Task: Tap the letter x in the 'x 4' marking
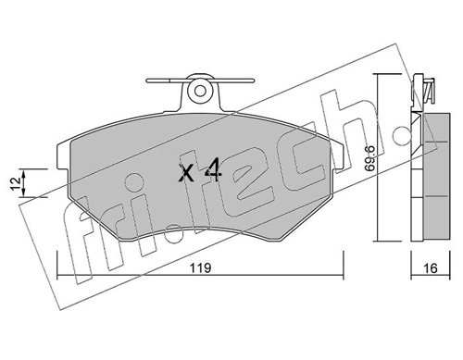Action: (x=185, y=172)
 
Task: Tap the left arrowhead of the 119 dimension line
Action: (x=61, y=277)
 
